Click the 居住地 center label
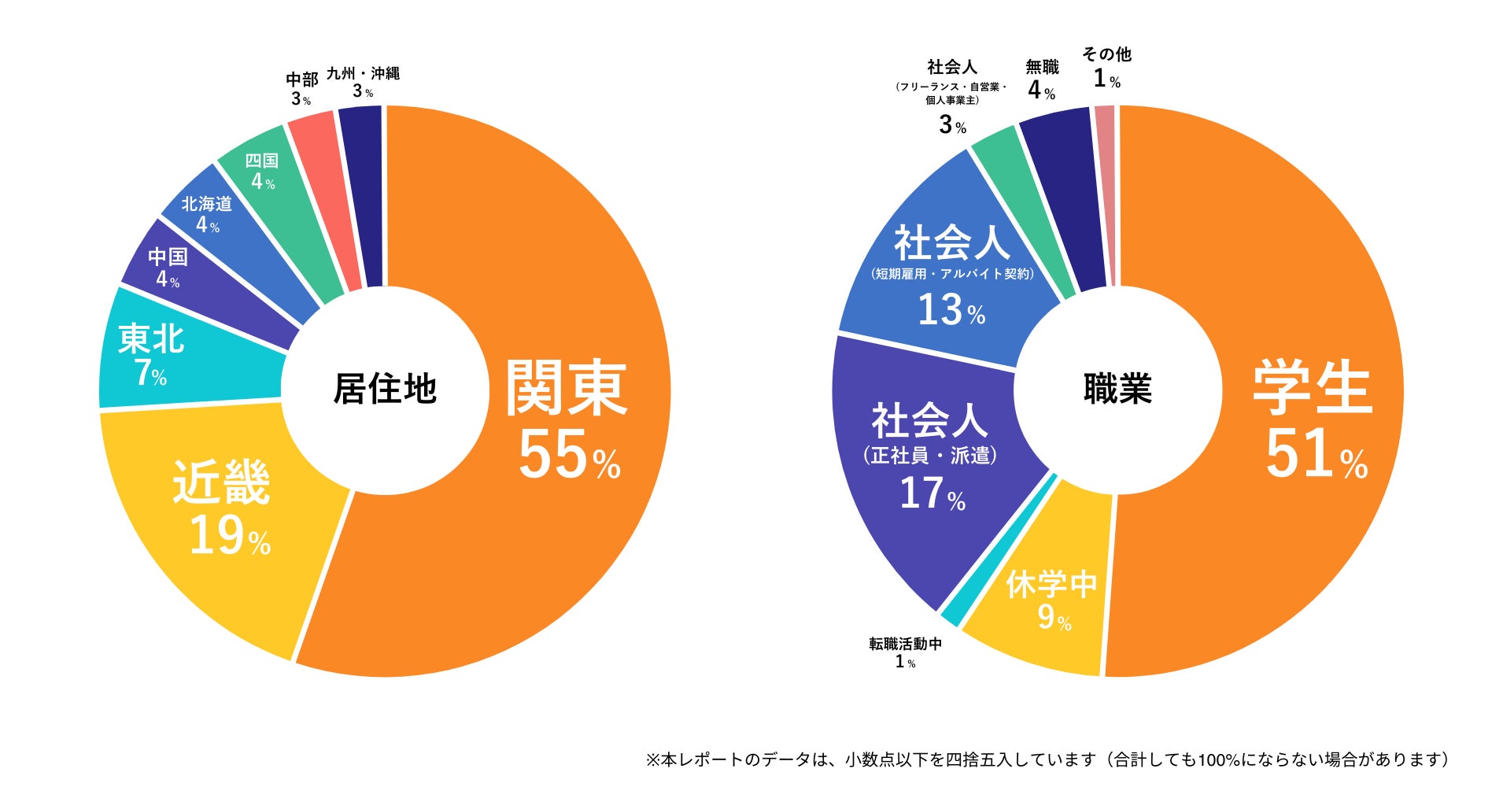[385, 389]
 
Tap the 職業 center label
[1117, 389]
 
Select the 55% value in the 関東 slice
[569, 456]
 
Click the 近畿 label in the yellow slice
[221, 482]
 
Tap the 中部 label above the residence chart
[302, 79]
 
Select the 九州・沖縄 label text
[363, 73]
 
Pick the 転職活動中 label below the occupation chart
[905, 644]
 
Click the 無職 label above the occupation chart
[1042, 68]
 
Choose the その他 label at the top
[1106, 54]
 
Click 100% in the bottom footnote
[1219, 759]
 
